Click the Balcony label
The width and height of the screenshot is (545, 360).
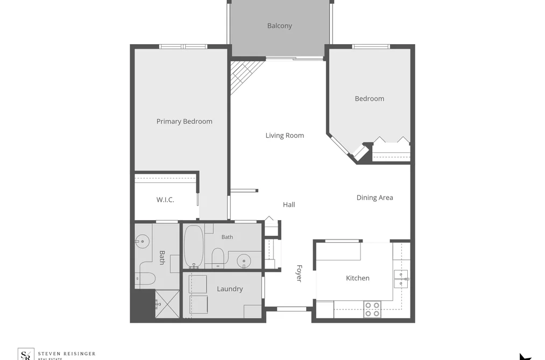(x=279, y=26)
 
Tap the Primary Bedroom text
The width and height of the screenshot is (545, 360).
(x=184, y=121)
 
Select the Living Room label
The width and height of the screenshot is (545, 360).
(x=285, y=136)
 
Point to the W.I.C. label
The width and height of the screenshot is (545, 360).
(x=165, y=200)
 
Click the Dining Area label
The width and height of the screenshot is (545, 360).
(x=374, y=197)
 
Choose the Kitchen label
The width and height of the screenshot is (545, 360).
(x=358, y=278)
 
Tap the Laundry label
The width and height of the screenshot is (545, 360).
(x=230, y=289)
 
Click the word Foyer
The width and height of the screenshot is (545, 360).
(x=299, y=273)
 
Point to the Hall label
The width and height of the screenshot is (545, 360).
(x=289, y=204)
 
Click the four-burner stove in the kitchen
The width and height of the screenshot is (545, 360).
(x=372, y=309)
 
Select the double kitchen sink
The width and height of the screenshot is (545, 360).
(x=401, y=279)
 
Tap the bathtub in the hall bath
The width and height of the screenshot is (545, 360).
(x=194, y=247)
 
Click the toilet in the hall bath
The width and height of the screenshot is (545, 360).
(x=218, y=258)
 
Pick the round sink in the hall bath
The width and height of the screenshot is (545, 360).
(x=244, y=260)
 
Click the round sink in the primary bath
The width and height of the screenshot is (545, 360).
(x=142, y=241)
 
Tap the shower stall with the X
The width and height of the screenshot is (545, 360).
(x=167, y=304)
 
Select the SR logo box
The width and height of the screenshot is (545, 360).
(x=26, y=354)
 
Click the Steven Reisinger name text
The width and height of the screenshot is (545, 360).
(x=66, y=354)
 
